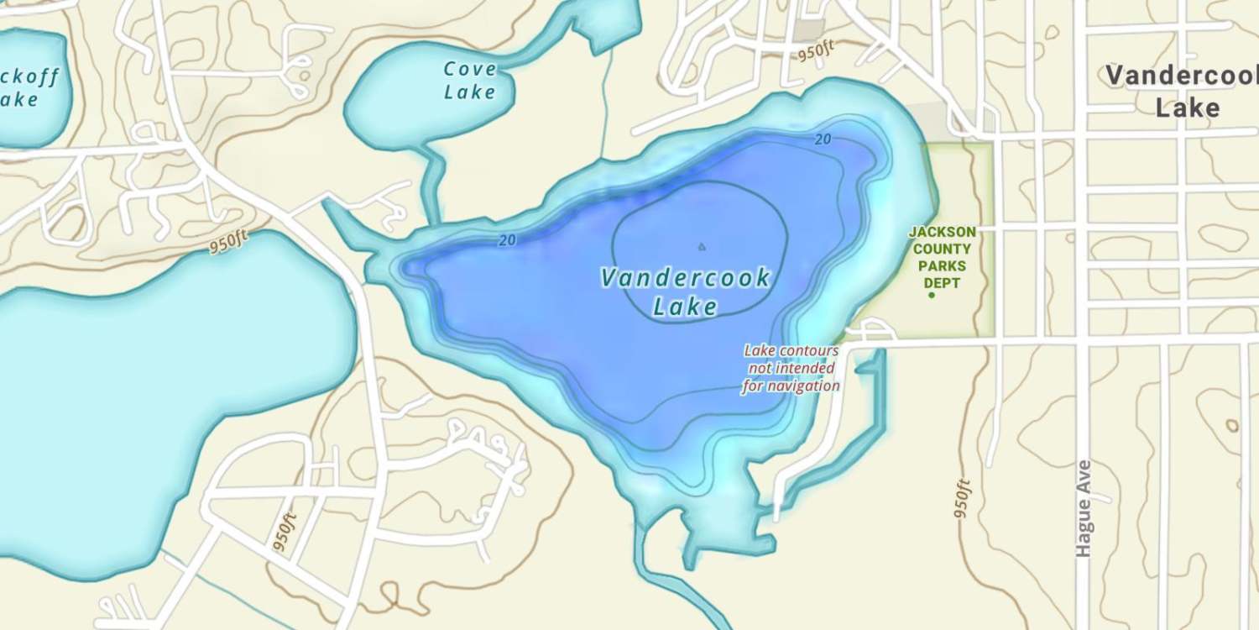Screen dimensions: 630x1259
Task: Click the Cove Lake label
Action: (x=470, y=81)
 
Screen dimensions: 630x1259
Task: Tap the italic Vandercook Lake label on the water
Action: (x=686, y=292)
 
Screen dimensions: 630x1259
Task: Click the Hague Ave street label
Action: (x=1084, y=508)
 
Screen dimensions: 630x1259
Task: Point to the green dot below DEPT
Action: (x=931, y=296)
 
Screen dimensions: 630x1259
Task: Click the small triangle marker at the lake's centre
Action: (x=702, y=247)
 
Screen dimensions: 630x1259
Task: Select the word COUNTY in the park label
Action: (x=942, y=249)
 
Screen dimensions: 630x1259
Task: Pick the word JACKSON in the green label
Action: (x=943, y=232)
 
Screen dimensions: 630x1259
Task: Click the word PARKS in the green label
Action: (x=942, y=266)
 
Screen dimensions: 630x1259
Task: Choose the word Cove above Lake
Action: (x=470, y=69)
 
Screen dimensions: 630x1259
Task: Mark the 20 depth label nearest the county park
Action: (x=823, y=139)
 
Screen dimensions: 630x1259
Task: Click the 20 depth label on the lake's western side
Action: (x=507, y=240)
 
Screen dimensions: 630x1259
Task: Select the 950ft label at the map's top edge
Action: (x=817, y=52)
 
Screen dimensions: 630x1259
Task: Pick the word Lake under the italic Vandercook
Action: (x=686, y=307)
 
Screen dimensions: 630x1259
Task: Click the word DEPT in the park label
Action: (x=942, y=283)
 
